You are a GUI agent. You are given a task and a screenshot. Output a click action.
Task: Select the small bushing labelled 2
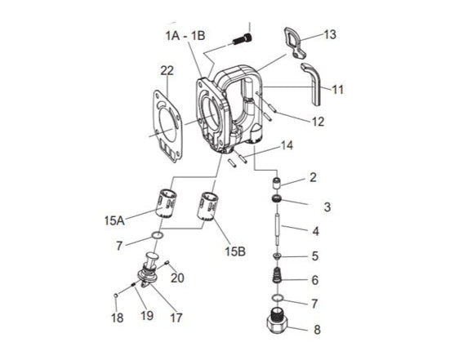coord(277,181)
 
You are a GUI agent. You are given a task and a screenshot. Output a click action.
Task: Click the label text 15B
coord(234,251)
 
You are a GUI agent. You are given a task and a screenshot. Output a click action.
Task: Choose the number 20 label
coord(176,278)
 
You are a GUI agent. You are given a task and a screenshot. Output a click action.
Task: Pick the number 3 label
coord(327,207)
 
